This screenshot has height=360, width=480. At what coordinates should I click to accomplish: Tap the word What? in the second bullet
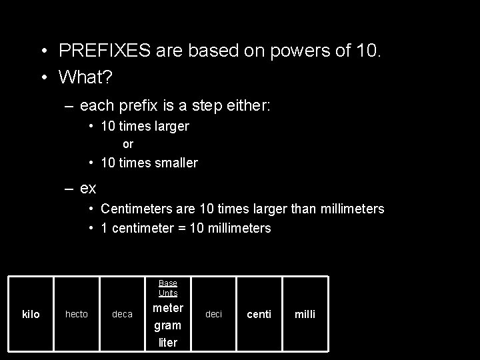[x=85, y=77]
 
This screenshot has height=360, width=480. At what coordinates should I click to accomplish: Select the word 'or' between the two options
[x=128, y=144]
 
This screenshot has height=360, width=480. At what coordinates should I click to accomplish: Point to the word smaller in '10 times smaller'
[x=174, y=163]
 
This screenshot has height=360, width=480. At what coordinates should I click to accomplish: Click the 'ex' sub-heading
[x=88, y=188]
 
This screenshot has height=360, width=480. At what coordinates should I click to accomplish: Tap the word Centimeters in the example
[x=138, y=209]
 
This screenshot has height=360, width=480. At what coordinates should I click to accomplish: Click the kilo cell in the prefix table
[x=31, y=314]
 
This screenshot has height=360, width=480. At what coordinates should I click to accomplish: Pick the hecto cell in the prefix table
[x=76, y=314]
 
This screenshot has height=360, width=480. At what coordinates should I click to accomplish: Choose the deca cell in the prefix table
[x=122, y=314]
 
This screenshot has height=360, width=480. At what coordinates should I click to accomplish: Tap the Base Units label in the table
[x=168, y=288]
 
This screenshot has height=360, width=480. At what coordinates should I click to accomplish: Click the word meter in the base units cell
[x=168, y=308]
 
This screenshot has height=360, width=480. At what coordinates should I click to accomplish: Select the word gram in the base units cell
[x=168, y=326]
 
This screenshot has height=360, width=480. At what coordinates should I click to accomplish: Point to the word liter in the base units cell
[x=168, y=343]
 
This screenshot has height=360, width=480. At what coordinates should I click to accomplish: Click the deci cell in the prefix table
[x=213, y=314]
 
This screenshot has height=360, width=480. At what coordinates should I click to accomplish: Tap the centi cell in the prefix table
[x=259, y=314]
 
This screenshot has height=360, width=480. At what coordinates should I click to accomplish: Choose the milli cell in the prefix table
[x=305, y=314]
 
